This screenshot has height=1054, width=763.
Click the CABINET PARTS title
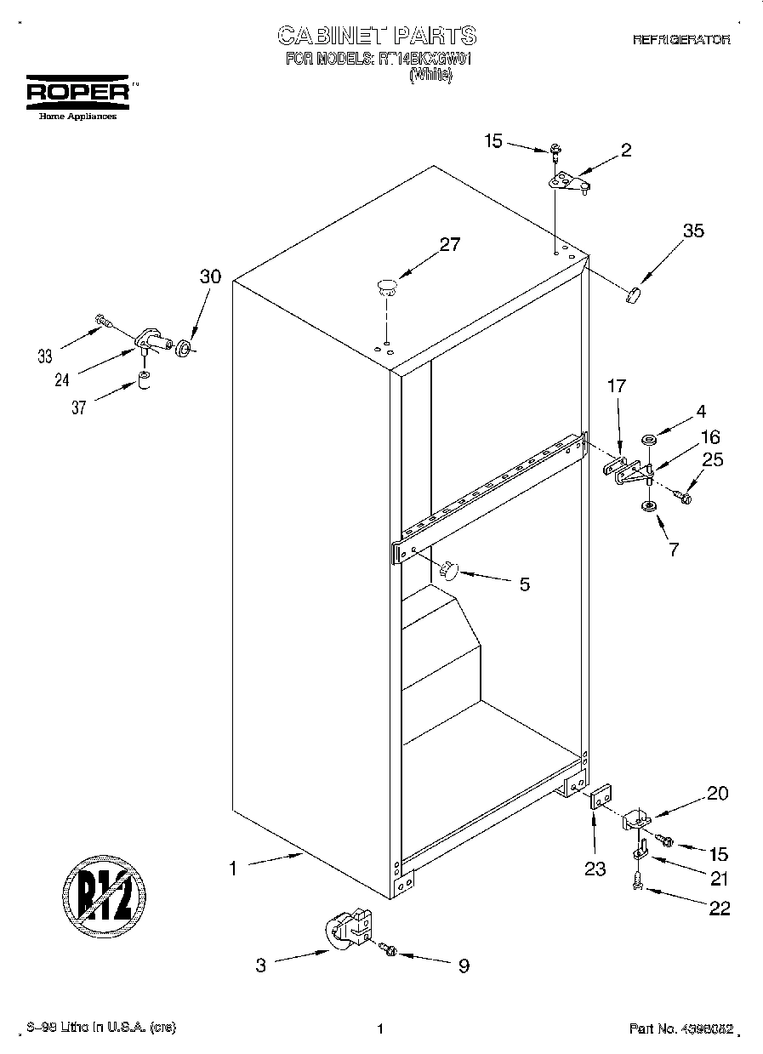[x=378, y=36]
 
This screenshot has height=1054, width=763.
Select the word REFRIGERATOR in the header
[x=680, y=40]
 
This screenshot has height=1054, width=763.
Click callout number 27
[x=449, y=245]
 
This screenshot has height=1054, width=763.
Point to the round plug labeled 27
[x=386, y=286]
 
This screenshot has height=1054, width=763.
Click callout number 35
[x=693, y=230]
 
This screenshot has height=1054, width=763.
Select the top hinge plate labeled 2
[x=568, y=182]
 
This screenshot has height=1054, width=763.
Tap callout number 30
[x=210, y=276]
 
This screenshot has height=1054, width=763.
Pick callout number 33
[x=45, y=356]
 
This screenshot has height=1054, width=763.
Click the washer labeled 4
[x=649, y=441]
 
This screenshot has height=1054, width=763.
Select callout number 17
[x=616, y=385]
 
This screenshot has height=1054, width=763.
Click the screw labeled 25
[x=682, y=495]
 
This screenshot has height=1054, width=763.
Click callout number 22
[x=719, y=909]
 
